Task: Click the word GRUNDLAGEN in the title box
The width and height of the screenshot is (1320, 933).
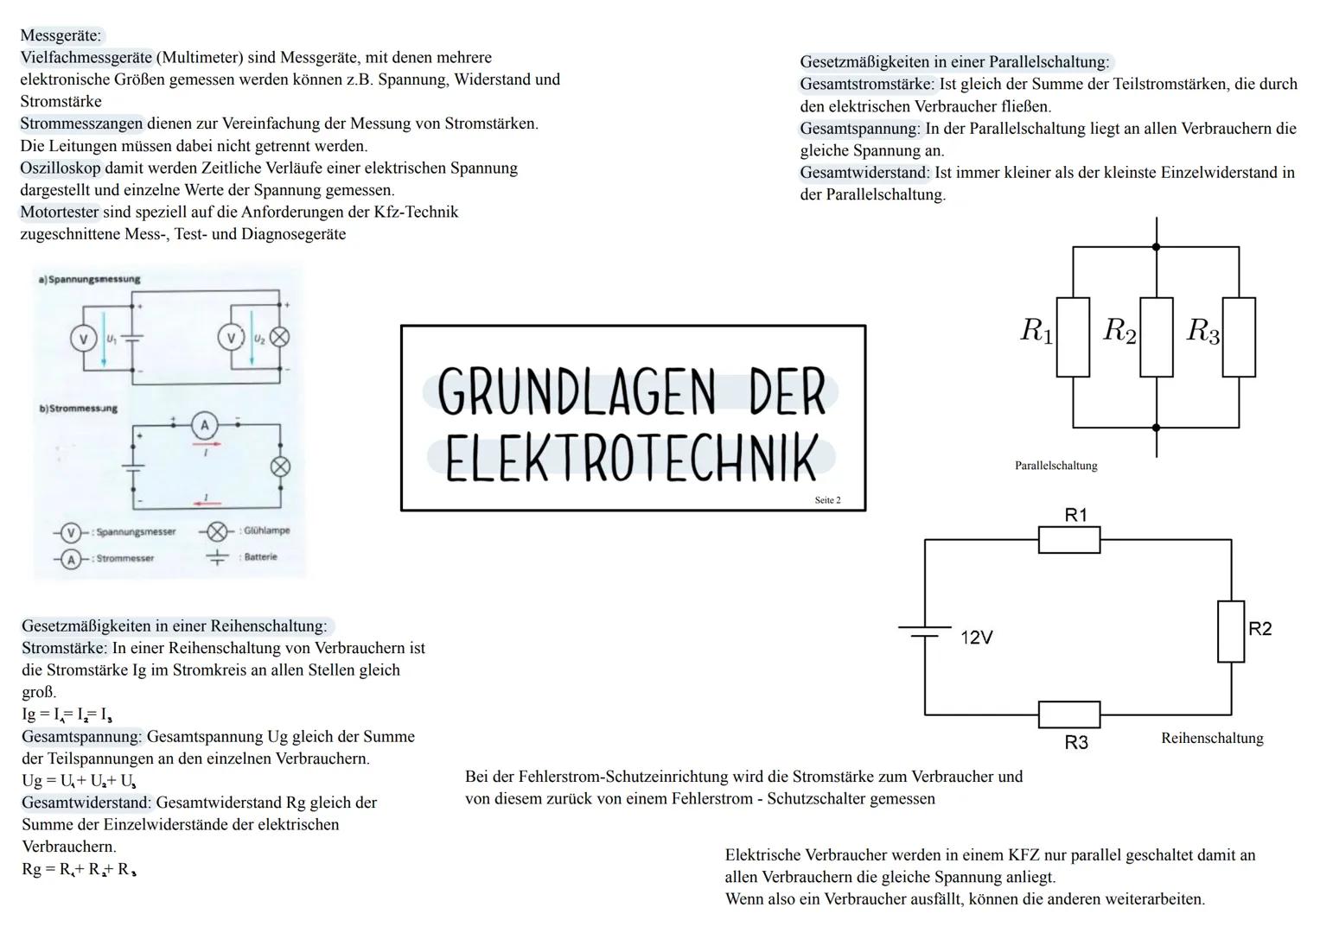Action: [x=577, y=390]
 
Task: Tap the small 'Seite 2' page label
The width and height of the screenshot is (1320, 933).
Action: [x=826, y=500]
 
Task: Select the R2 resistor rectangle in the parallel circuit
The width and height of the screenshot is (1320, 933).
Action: [x=1156, y=337]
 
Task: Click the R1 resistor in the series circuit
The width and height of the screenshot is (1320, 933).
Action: [x=1068, y=540]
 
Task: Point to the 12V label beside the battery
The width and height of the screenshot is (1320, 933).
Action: [x=977, y=638]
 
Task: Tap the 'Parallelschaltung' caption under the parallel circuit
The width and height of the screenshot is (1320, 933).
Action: [x=1055, y=466]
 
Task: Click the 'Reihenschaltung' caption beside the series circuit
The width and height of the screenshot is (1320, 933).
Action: [x=1212, y=738]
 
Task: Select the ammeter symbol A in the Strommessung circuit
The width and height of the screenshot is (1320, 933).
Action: [x=205, y=425]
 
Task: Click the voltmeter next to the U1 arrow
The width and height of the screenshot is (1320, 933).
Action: [x=83, y=340]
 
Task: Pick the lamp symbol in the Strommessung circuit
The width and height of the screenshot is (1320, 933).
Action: [x=280, y=466]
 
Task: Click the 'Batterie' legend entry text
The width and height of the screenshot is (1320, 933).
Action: [x=260, y=557]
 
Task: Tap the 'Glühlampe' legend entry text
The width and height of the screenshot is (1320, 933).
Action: [x=266, y=530]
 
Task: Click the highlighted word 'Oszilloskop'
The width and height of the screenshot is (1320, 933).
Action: [x=61, y=168]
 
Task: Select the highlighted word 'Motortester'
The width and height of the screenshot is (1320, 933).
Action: [x=60, y=212]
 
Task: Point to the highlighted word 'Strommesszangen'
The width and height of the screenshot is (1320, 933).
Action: [x=81, y=124]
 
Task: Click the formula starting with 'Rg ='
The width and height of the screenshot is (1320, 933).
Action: [x=79, y=869]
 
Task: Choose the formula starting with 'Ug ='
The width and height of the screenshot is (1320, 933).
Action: [x=79, y=781]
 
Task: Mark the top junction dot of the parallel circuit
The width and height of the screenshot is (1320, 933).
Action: [x=1156, y=247]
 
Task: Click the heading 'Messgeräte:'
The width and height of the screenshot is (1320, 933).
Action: [x=61, y=35]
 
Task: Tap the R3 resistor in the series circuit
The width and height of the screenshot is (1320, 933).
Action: [x=1068, y=714]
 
